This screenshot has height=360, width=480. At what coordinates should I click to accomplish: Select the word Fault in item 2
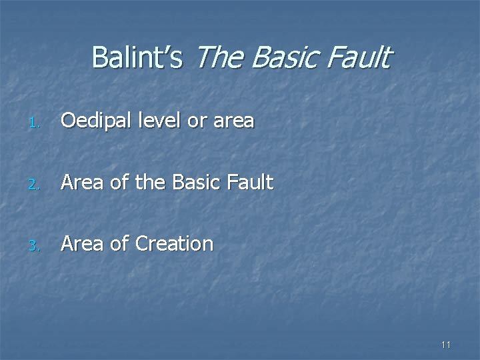(250, 182)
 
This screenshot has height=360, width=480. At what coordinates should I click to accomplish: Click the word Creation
(174, 243)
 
